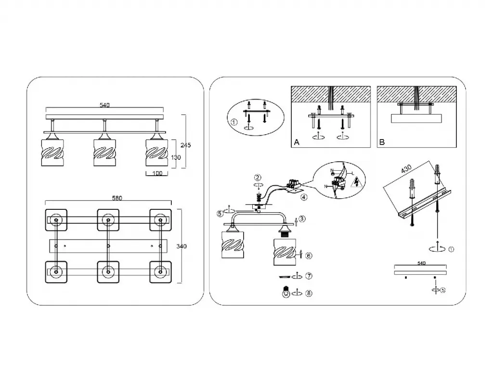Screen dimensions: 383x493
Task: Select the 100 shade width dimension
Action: tap(157, 174)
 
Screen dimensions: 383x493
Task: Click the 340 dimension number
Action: tap(182, 246)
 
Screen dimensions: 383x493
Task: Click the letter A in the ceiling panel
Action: tap(297, 142)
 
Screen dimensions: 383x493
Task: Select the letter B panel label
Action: tap(382, 142)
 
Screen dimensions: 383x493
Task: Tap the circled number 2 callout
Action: tap(258, 178)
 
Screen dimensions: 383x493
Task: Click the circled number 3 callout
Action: tap(301, 219)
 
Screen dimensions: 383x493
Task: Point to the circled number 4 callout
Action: tap(303, 196)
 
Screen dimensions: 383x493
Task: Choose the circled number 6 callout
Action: tap(309, 255)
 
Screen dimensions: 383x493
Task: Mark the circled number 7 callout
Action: tap(309, 276)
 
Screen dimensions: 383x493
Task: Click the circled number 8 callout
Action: tap(309, 293)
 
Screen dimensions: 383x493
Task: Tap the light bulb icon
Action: tap(285, 292)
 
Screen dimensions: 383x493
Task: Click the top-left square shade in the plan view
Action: tap(56, 220)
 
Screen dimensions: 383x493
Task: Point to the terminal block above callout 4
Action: tap(293, 184)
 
